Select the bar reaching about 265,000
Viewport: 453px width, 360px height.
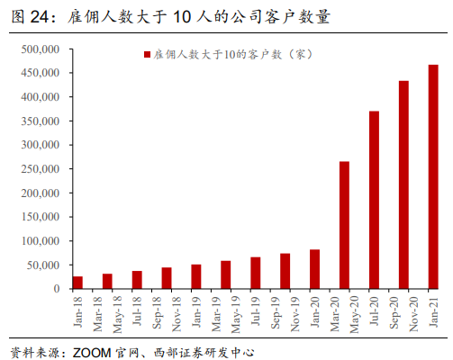click(344, 225)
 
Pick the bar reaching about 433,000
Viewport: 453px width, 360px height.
click(403, 185)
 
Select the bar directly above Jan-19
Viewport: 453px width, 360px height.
click(196, 276)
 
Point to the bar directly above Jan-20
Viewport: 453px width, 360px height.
click(314, 269)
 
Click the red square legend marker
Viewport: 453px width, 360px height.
click(148, 55)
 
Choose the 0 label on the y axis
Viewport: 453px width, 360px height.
click(56, 290)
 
